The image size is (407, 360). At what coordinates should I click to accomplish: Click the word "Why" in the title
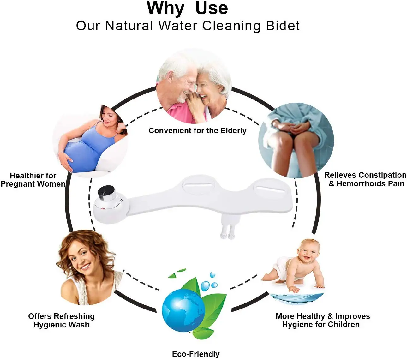[x=165, y=8]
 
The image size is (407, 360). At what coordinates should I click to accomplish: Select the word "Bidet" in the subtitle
[x=283, y=26]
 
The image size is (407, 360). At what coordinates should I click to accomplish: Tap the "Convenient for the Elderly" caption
[x=197, y=131]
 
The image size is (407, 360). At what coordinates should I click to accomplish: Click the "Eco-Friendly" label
[x=196, y=354]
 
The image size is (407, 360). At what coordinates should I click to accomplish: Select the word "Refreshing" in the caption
[x=75, y=316]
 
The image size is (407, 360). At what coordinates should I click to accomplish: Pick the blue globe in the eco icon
[x=183, y=311]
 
